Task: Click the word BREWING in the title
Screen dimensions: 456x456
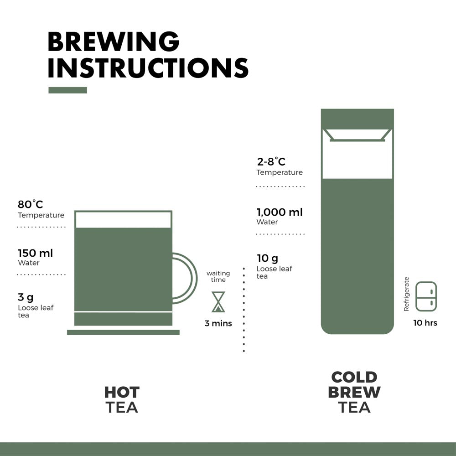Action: point(114,42)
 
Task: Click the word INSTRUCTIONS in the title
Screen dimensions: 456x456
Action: point(148,68)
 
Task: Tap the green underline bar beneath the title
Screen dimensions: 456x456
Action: point(67,90)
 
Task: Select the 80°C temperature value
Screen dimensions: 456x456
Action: point(31,204)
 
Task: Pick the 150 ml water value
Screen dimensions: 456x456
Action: point(35,253)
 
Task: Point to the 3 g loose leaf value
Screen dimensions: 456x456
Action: point(26,297)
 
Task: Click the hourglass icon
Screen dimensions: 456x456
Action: point(218,302)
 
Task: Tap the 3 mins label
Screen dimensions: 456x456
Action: point(218,323)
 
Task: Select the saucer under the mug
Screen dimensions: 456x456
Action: point(123,332)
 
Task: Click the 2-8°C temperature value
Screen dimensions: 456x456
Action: point(271,162)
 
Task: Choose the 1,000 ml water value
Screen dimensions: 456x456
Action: point(280,212)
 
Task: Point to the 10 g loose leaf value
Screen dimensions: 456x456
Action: point(267,259)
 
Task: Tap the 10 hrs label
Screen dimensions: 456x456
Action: point(425,323)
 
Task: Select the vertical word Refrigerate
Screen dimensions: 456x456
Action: point(406,294)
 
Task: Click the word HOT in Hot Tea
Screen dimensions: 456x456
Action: point(122,392)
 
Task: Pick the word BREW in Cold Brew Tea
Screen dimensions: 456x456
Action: point(354,392)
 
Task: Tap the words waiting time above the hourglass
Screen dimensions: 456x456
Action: point(218,276)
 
